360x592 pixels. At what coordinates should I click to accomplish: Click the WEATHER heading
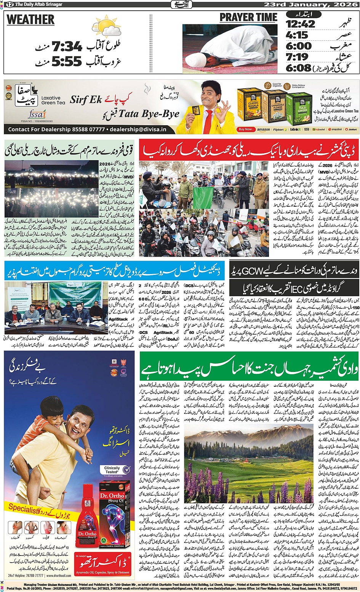tap(30, 20)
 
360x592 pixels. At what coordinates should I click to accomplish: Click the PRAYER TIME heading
tap(248, 18)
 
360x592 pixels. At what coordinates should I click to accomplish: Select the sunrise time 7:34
tap(67, 47)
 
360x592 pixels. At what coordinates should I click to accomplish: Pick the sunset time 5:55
tap(67, 61)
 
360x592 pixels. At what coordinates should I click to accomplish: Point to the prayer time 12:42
tap(301, 24)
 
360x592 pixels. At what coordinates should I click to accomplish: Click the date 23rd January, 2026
tap(311, 5)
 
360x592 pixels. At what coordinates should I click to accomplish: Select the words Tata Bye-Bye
tap(149, 114)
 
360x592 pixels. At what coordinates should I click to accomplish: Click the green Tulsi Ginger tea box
tap(299, 108)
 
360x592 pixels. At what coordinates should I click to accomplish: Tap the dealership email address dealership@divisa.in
tap(138, 129)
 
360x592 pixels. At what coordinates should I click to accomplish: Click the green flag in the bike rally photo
tap(203, 197)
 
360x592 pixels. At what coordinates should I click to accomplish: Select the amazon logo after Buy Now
tap(263, 129)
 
